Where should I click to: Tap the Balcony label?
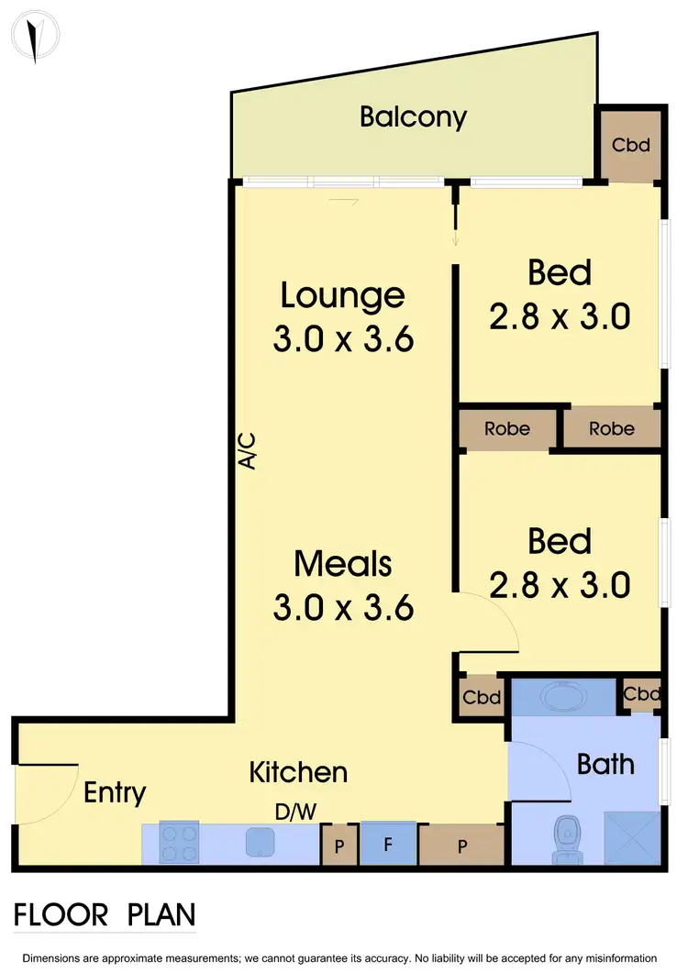click(x=413, y=117)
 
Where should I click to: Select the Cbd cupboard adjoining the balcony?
click(x=631, y=144)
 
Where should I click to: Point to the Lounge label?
click(x=342, y=295)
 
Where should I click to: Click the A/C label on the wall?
click(x=247, y=451)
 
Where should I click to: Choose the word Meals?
click(x=343, y=563)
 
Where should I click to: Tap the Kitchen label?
click(x=298, y=772)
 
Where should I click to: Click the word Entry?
click(x=115, y=792)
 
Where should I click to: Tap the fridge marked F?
click(x=388, y=844)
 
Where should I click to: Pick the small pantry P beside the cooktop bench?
click(x=338, y=845)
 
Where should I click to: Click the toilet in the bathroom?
click(x=565, y=838)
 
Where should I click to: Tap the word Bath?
click(x=605, y=763)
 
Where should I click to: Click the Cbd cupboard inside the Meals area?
click(x=481, y=697)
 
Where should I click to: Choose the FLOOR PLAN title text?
click(x=105, y=914)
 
